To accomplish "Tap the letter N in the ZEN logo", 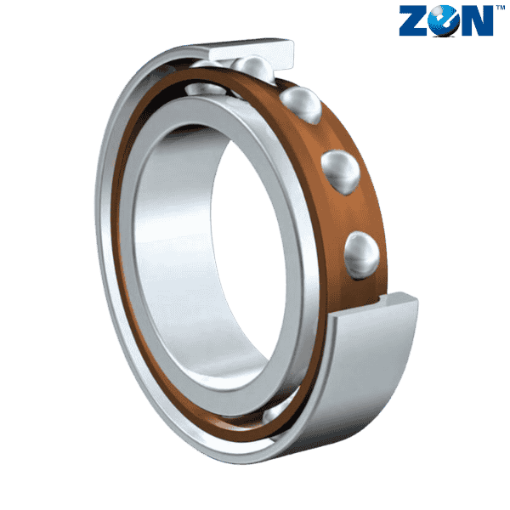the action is [477, 20].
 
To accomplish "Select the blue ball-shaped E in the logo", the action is [444, 20].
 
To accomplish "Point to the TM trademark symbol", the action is [501, 7].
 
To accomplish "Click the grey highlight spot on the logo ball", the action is [439, 13].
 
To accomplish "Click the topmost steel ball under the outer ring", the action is [252, 70].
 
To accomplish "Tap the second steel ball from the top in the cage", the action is [301, 105].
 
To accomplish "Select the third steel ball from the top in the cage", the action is [341, 172].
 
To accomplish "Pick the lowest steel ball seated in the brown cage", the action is [362, 255].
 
